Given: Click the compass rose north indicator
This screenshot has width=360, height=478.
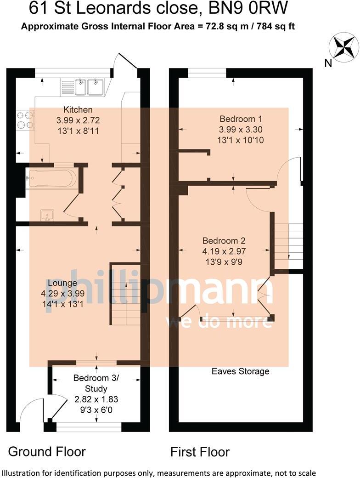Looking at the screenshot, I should coord(344,48).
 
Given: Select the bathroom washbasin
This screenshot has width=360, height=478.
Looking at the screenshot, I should coord(47,215).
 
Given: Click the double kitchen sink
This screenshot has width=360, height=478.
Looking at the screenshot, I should coord(89,87).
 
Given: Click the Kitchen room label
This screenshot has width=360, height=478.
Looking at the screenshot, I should coord(78,110).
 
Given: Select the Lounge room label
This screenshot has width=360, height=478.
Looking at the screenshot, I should coord(62,284).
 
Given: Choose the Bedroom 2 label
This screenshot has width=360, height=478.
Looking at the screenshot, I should coord(224,240).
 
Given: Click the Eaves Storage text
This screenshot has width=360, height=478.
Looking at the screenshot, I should coord(240,371).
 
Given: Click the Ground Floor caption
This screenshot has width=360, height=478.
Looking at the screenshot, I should coord(47,451).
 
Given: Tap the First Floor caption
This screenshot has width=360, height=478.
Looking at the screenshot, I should coord(200,452).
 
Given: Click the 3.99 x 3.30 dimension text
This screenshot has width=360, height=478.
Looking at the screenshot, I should coord(242,129).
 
